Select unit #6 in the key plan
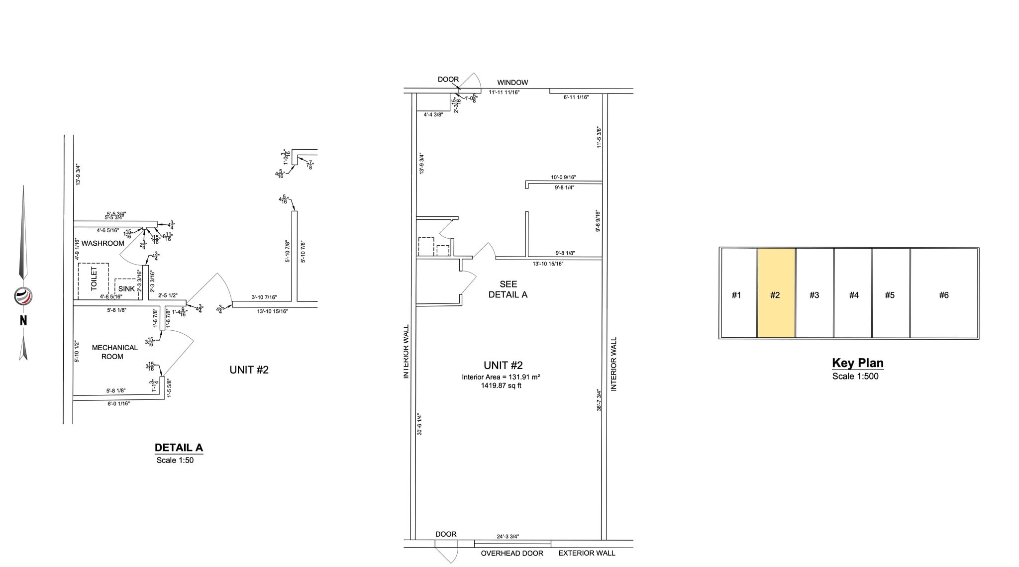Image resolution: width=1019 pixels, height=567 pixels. pos(944,294)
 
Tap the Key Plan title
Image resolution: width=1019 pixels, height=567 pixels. pos(858,363)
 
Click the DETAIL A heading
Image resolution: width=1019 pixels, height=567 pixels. pos(179,448)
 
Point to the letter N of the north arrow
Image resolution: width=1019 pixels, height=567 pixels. pos(23,321)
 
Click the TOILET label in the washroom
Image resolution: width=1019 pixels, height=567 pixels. pos(94,279)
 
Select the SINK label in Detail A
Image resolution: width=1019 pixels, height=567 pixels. pos(126,288)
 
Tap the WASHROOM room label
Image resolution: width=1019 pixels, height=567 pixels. pos(103,243)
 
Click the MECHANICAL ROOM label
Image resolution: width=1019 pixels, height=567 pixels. pos(114,352)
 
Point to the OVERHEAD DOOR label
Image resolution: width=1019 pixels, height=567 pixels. pos(511,553)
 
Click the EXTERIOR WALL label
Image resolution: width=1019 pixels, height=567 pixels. pos(587,553)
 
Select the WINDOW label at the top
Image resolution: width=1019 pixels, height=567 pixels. pos(512,83)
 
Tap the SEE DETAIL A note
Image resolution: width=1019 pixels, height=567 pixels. pos(508,289)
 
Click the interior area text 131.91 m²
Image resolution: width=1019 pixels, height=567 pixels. pos(501,377)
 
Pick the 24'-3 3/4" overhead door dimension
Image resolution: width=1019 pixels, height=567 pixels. pos(508,537)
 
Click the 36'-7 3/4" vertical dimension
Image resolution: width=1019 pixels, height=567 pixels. pos(599,399)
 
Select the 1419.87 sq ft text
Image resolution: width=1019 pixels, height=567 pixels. pos(501,385)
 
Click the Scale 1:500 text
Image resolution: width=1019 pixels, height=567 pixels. pos(855,377)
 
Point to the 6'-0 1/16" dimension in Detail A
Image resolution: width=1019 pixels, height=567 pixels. pos(118,404)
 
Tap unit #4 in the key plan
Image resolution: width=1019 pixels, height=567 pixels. pos(853,294)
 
